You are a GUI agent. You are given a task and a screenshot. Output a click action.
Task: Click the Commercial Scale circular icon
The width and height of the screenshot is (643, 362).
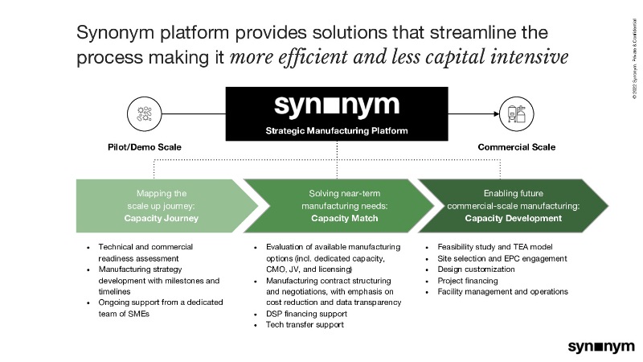click(x=517, y=113)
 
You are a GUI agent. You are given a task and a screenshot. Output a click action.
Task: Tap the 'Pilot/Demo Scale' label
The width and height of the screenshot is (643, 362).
click(x=145, y=148)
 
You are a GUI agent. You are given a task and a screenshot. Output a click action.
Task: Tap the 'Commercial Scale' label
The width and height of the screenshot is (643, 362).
click(x=517, y=148)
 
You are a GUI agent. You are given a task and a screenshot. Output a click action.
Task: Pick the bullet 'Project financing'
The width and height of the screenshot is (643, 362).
click(x=469, y=281)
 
